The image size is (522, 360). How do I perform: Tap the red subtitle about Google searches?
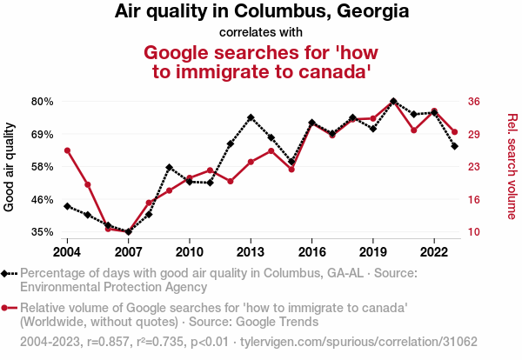click(x=261, y=61)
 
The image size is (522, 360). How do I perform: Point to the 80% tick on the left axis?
click(x=43, y=102)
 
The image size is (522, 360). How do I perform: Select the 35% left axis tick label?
click(x=43, y=232)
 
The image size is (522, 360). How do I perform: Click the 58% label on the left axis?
click(x=43, y=167)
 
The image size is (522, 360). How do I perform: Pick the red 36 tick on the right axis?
click(x=474, y=102)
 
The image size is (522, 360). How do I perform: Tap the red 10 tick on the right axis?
click(x=474, y=232)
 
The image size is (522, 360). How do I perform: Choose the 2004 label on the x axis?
click(x=67, y=251)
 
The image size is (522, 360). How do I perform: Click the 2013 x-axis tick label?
click(x=251, y=251)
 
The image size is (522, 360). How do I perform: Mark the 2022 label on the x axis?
click(x=434, y=251)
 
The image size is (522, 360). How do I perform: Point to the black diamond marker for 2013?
click(x=251, y=117)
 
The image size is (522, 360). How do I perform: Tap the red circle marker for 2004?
click(x=67, y=150)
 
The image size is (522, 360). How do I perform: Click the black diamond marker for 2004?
click(x=67, y=206)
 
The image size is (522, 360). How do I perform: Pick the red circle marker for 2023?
click(x=455, y=132)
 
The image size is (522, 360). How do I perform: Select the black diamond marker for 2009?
click(x=169, y=167)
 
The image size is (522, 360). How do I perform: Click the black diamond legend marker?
click(x=9, y=273)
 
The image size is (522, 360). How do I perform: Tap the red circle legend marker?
click(x=9, y=308)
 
